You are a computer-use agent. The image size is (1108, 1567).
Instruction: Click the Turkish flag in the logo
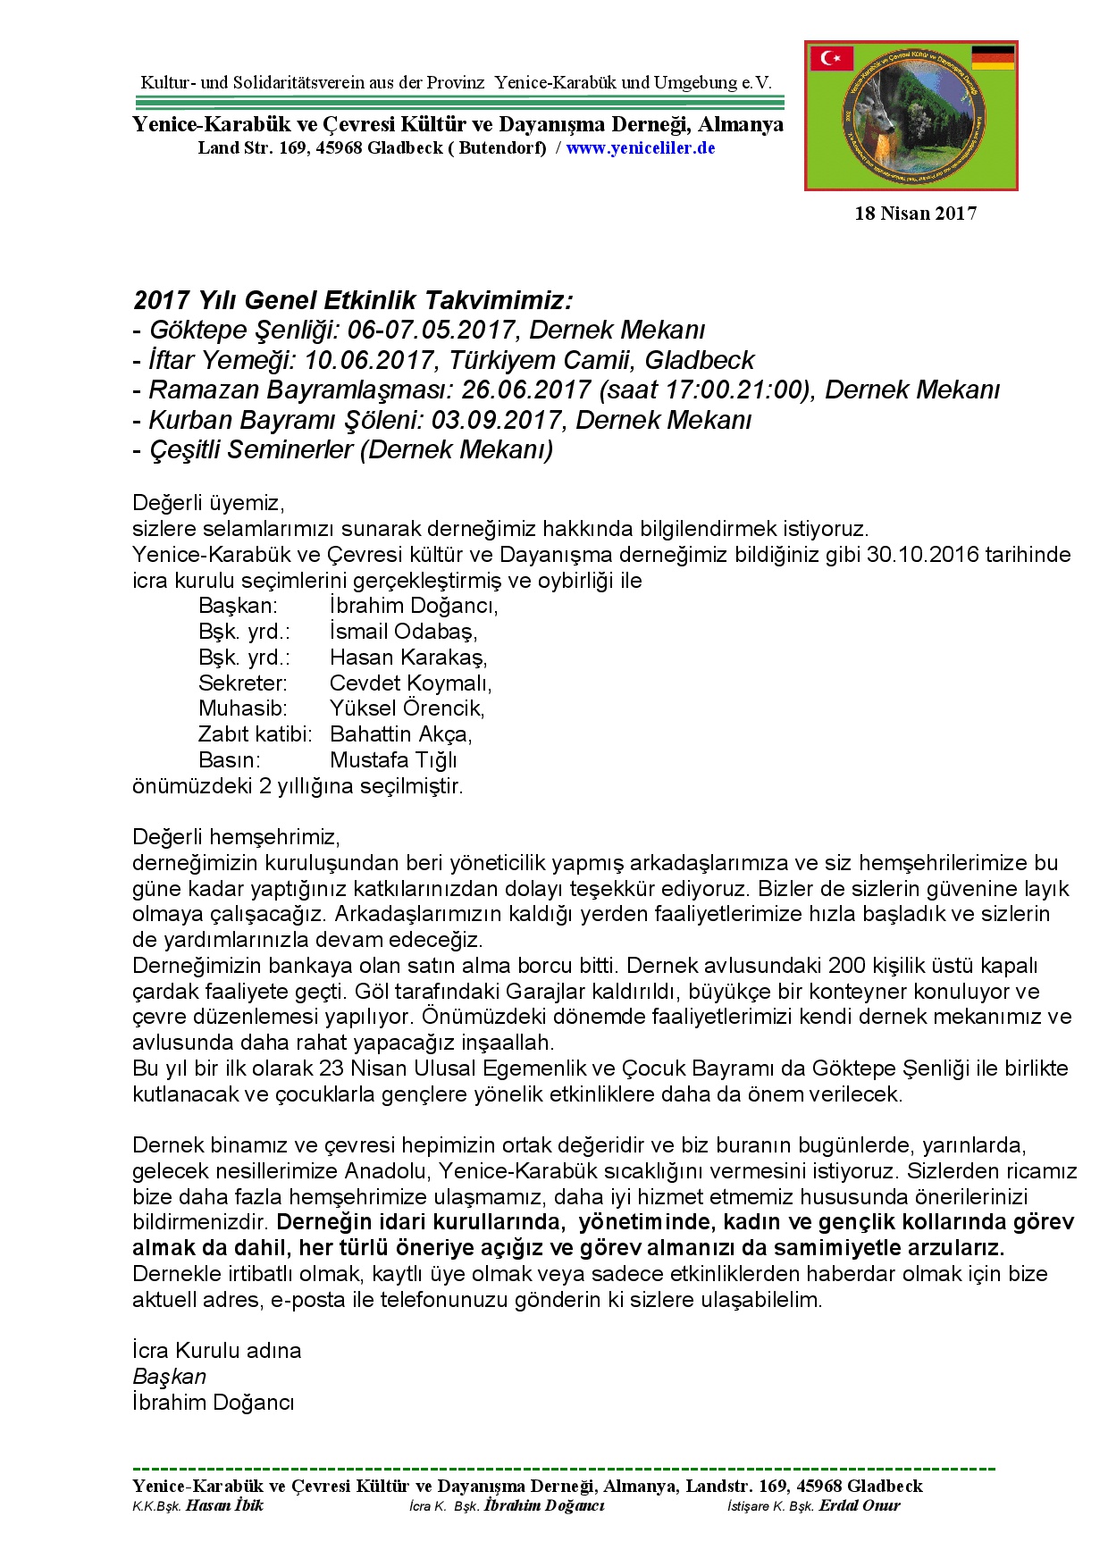(831, 58)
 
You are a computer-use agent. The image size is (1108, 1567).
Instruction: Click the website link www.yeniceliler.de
(640, 148)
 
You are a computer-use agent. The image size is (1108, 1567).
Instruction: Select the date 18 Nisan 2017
(915, 214)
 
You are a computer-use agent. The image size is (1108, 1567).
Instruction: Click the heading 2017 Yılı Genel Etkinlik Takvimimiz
(352, 299)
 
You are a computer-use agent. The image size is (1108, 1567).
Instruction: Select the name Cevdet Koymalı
(410, 683)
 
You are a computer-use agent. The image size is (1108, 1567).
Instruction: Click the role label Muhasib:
(242, 709)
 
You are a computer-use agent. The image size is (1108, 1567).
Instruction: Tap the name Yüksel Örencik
(407, 709)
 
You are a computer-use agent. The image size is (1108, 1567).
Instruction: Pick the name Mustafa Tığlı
(393, 760)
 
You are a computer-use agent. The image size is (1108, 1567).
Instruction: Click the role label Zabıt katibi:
(255, 734)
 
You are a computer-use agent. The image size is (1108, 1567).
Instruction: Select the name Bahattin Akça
(400, 734)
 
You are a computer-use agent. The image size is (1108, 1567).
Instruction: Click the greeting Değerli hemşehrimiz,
(236, 837)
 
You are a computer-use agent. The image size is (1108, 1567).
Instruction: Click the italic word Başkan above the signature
(169, 1377)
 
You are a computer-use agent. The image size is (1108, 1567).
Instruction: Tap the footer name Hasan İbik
(224, 1505)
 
